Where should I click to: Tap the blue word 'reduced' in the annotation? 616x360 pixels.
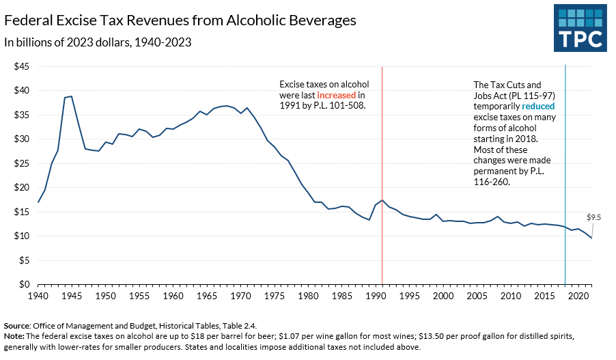point(538,107)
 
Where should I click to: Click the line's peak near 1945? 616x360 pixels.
point(72,96)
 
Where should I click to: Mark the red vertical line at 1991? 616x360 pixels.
point(382,171)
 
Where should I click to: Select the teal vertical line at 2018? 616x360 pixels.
point(565,171)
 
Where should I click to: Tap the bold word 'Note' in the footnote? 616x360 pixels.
point(14,335)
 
